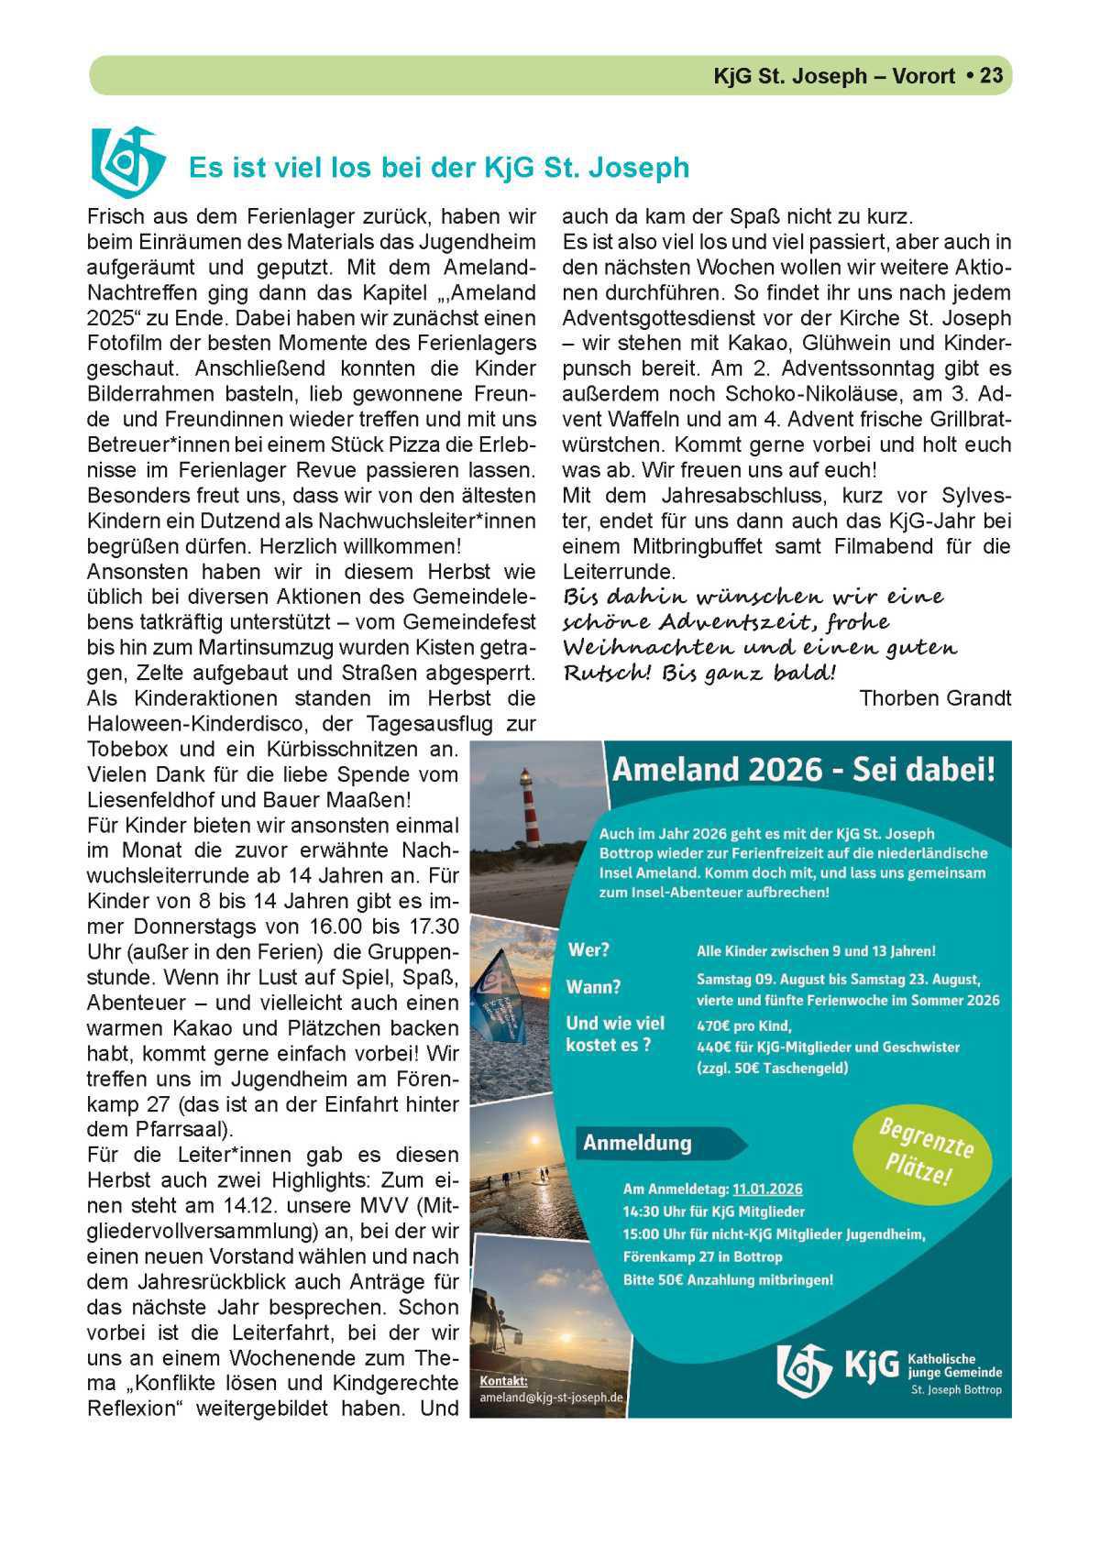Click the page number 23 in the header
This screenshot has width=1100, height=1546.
tap(992, 75)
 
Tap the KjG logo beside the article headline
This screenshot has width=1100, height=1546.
tap(126, 160)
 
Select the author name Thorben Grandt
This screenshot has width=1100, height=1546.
tap(935, 698)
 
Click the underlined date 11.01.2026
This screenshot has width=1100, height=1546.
tap(766, 1189)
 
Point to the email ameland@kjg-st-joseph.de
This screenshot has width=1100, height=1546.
tap(551, 1398)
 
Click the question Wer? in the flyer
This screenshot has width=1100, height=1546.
tap(588, 949)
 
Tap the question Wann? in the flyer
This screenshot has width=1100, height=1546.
tap(593, 987)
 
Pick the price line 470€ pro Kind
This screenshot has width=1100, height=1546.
tap(743, 1025)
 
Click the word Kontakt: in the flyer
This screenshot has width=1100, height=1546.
tap(503, 1381)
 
